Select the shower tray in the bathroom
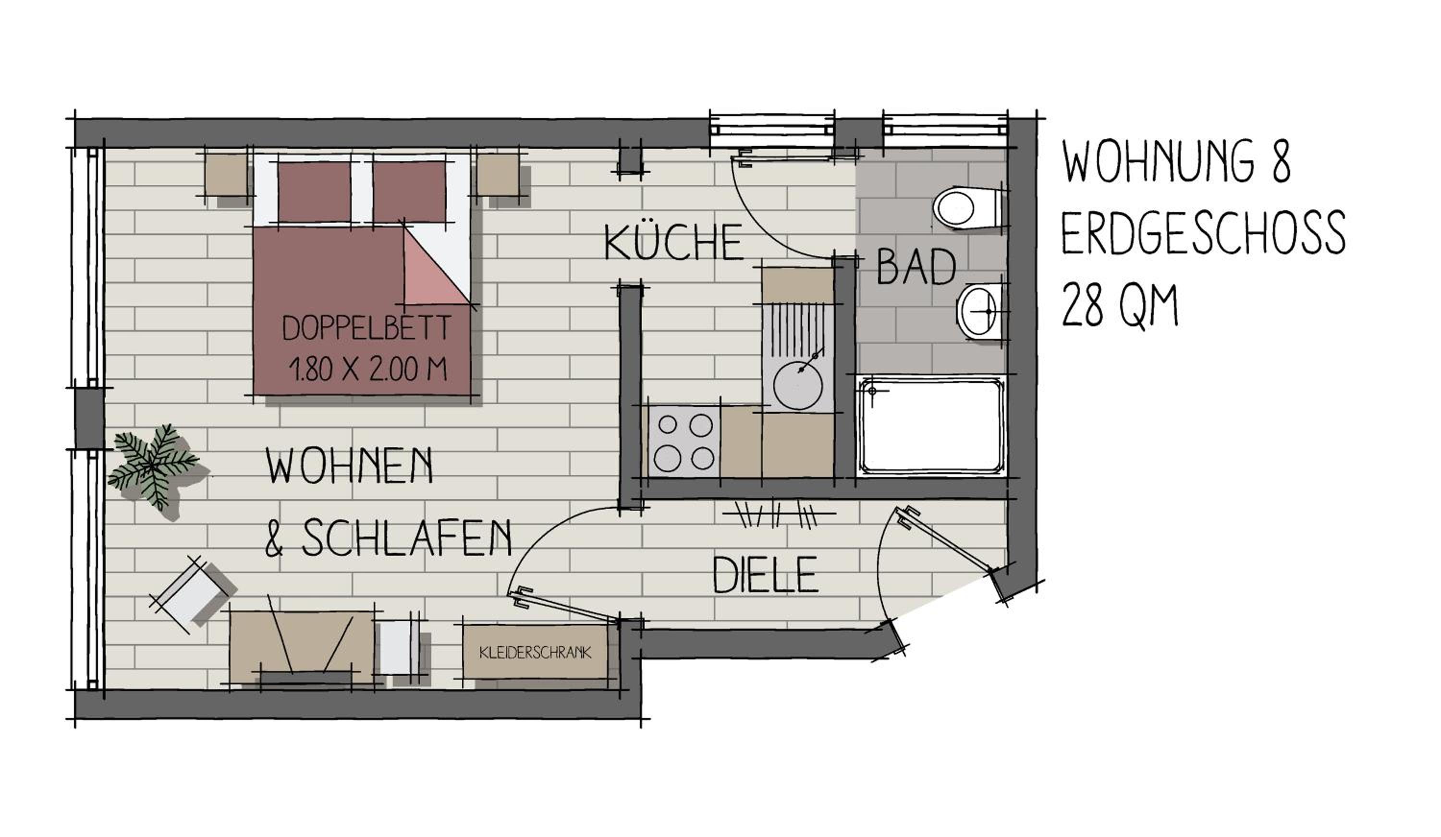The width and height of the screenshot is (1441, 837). click(x=931, y=426)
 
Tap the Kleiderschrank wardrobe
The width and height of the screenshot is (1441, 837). click(x=536, y=652)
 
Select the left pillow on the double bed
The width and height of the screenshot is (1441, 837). click(x=314, y=191)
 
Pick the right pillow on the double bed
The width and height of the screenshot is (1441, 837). click(x=409, y=191)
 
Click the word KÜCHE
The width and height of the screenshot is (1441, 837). click(x=673, y=242)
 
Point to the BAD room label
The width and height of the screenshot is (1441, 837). click(x=916, y=267)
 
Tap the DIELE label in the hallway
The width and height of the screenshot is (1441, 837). click(x=765, y=575)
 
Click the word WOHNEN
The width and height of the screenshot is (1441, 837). click(x=349, y=466)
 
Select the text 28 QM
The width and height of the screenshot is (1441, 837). click(x=1120, y=306)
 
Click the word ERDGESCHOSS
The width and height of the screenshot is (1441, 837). click(x=1203, y=233)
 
